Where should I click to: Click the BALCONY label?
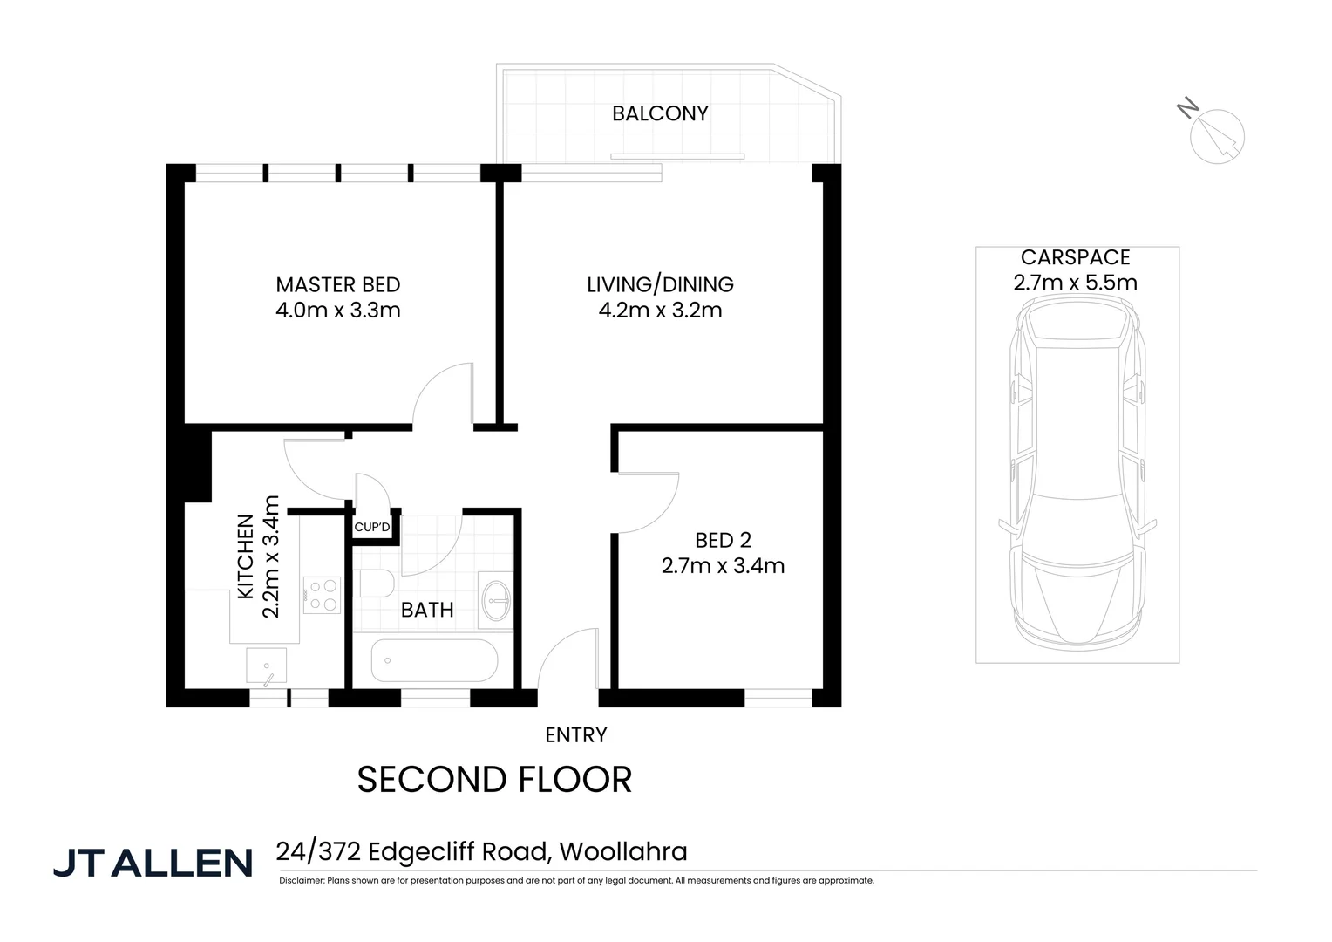659,113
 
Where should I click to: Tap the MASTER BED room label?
337,285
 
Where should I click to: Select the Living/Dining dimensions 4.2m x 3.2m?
660,311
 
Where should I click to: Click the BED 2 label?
723,541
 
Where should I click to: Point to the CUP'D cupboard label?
372,528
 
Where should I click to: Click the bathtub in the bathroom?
434,661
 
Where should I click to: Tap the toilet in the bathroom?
374,584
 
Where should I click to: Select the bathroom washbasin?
498,599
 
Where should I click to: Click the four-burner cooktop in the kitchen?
322,595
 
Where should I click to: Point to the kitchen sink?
267,668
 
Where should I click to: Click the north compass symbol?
1216,135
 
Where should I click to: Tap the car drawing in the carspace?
1077,471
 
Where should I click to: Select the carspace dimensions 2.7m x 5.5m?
1075,283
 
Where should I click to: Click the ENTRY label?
575,735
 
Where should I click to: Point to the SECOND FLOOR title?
494,780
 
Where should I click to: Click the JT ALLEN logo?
153,863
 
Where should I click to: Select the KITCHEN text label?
246,556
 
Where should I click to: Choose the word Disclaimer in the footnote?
301,881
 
